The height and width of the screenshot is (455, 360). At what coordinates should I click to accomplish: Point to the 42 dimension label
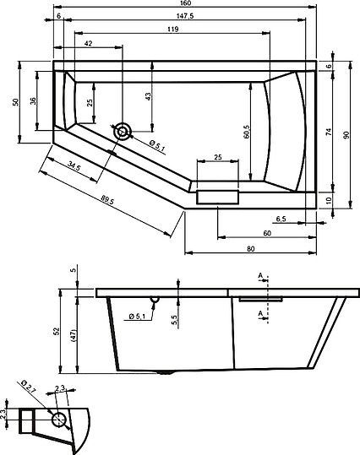[x=88, y=43]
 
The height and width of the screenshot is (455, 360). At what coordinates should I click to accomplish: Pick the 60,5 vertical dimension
[x=246, y=131]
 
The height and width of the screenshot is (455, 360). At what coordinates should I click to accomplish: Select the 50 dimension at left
[x=15, y=102]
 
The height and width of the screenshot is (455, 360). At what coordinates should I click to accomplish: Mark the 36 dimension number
[x=32, y=100]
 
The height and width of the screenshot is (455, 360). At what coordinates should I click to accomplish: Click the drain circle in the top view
[x=124, y=130]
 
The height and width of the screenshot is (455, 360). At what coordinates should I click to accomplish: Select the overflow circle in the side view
[x=155, y=299]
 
